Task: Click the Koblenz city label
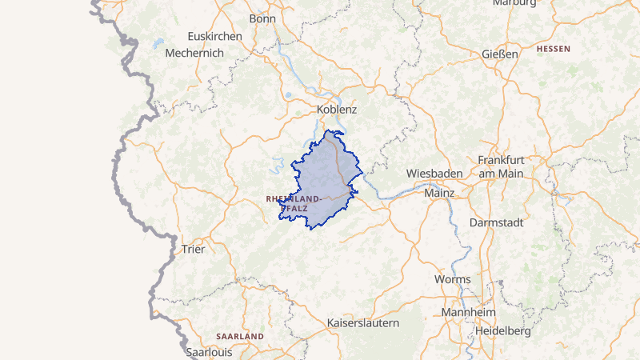click(x=336, y=109)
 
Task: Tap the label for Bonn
click(x=262, y=18)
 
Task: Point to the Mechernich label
click(x=194, y=53)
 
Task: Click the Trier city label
click(x=194, y=249)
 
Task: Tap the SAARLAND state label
click(x=240, y=337)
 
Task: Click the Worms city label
click(x=452, y=279)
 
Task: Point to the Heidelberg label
click(x=503, y=330)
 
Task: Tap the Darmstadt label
click(x=495, y=222)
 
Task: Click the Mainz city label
click(x=439, y=193)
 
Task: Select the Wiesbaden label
click(x=434, y=173)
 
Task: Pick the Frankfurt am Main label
click(x=500, y=166)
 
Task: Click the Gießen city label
click(x=500, y=54)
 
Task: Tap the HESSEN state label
click(x=554, y=49)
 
